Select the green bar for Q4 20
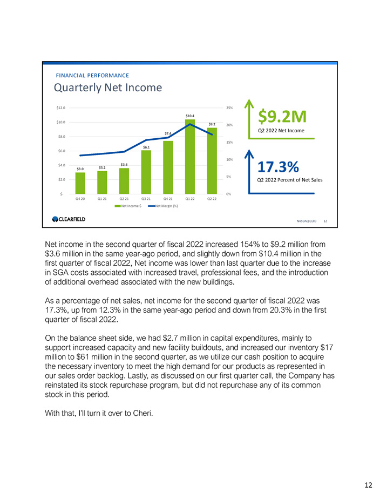(x=80, y=183)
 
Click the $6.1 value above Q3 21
(x=146, y=147)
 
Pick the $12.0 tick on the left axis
(x=61, y=108)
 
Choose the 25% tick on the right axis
(x=229, y=108)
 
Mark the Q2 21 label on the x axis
(x=124, y=199)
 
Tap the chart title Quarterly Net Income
(x=107, y=87)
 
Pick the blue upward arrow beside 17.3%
(x=249, y=167)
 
